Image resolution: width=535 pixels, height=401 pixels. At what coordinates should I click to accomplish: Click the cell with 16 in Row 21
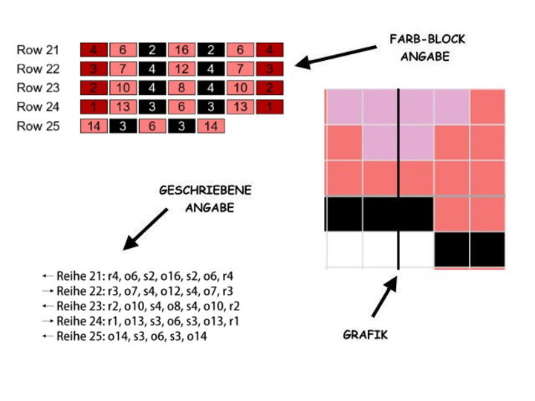(x=182, y=50)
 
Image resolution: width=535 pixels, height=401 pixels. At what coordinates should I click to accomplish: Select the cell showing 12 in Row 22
(x=182, y=69)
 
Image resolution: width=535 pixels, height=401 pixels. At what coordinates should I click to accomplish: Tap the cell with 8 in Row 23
(x=182, y=88)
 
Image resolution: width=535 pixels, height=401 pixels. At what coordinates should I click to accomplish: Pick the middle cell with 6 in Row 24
(x=182, y=107)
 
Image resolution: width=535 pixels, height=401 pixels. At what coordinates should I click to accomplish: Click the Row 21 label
(x=38, y=50)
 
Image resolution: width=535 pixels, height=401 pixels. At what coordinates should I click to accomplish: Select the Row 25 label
(x=38, y=126)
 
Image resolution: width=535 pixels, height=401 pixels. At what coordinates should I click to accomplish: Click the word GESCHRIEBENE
(x=205, y=191)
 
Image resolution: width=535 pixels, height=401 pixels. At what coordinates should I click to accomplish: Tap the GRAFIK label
(x=365, y=335)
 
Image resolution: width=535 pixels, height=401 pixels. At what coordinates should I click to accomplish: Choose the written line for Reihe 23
(x=148, y=306)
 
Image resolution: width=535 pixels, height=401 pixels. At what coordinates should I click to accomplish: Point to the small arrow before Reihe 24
(x=48, y=322)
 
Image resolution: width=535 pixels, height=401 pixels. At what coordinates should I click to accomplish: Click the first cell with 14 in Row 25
(x=94, y=126)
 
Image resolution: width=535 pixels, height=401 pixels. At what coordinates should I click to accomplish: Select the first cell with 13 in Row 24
(x=123, y=107)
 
